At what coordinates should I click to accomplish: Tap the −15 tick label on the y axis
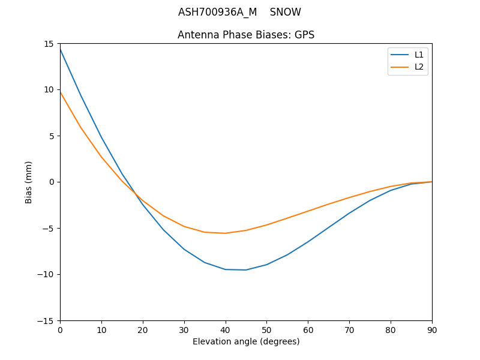47,320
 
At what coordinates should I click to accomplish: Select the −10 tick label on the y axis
47,274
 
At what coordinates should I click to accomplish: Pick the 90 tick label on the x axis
432,329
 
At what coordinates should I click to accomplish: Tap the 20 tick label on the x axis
143,329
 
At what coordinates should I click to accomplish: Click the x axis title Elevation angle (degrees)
246,341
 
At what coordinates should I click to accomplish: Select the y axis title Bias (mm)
29,182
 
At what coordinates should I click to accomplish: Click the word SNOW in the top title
285,13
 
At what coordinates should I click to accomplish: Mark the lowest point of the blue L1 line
246,270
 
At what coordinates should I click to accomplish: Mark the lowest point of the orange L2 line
226,233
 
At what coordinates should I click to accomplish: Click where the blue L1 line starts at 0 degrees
60,49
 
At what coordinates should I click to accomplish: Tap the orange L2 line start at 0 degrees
60,92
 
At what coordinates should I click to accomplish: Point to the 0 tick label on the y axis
52,182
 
